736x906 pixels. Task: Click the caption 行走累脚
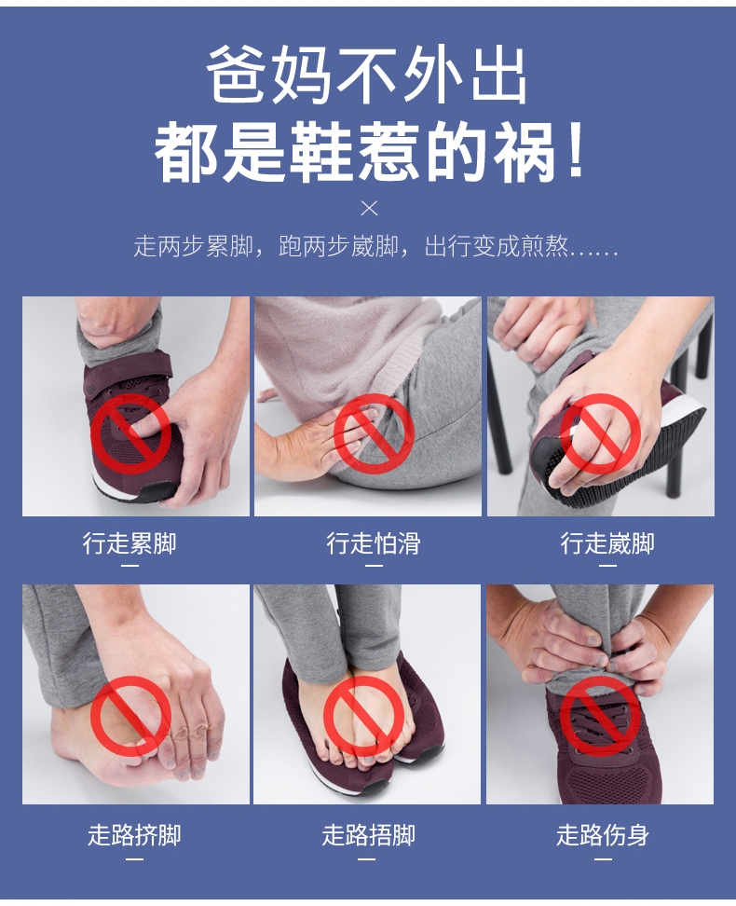point(129,543)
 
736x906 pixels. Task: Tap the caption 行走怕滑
point(374,543)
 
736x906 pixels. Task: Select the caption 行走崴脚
point(607,543)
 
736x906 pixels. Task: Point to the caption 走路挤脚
point(134,835)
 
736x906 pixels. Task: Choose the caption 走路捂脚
point(369,835)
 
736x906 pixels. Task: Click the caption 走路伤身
point(603,835)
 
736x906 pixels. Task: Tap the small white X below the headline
point(369,209)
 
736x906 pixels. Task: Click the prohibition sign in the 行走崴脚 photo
point(600,434)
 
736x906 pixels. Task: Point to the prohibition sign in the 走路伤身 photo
point(602,717)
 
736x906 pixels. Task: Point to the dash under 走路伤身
point(603,859)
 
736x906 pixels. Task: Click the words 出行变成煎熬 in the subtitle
point(496,247)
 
